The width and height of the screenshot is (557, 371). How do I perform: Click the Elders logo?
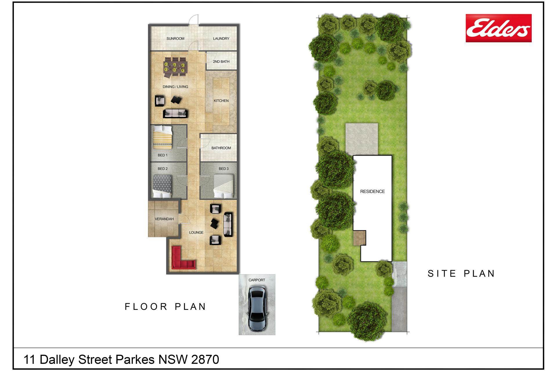click(498, 28)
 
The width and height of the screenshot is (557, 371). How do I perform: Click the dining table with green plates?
click(175, 67)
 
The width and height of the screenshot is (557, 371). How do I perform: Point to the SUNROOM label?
click(175, 39)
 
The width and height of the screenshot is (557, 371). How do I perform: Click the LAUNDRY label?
click(221, 39)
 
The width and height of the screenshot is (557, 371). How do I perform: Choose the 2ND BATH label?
click(221, 61)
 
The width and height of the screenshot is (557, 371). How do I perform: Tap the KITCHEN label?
click(221, 101)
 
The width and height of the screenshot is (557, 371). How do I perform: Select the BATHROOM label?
click(221, 148)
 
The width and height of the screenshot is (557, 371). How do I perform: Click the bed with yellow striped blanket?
click(162, 136)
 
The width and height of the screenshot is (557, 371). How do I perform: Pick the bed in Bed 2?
click(162, 186)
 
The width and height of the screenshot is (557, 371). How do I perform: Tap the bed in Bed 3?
click(223, 186)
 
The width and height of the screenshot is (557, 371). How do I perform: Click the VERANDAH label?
click(164, 219)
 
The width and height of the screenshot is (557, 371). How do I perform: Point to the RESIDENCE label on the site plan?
click(372, 191)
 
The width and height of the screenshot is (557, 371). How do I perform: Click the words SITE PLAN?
click(461, 273)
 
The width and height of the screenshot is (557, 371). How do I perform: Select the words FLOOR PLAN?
click(165, 306)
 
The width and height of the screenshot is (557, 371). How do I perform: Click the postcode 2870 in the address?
click(205, 359)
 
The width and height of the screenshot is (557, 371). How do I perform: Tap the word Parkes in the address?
click(135, 359)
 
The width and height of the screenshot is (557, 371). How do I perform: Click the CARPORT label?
click(257, 280)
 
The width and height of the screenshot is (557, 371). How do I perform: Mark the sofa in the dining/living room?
click(175, 113)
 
